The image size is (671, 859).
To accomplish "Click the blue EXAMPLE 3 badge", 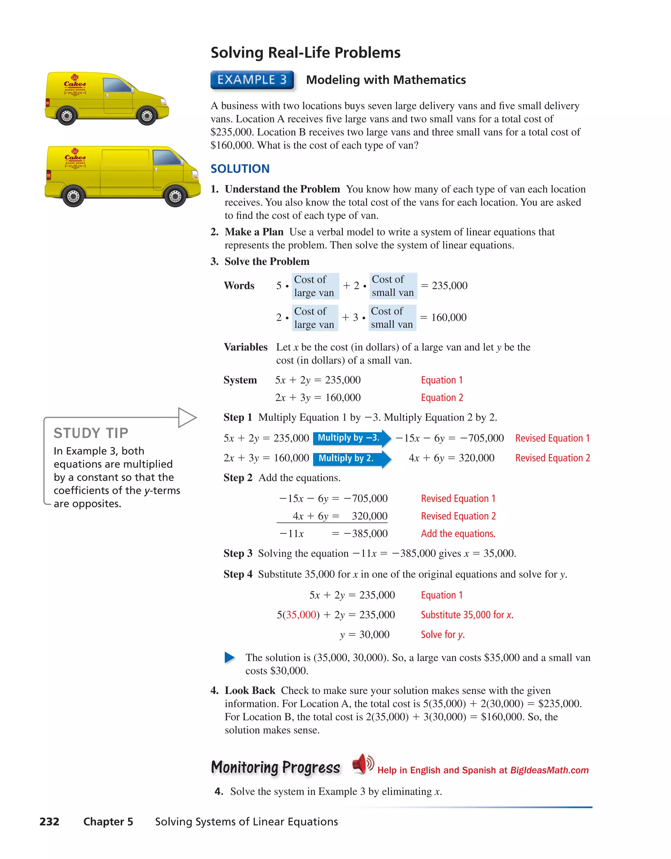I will click(x=252, y=80).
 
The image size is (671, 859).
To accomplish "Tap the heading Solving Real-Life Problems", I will click(x=305, y=53).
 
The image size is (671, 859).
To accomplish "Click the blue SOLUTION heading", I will click(x=240, y=169).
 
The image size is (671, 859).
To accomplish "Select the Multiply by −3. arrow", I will click(x=351, y=438).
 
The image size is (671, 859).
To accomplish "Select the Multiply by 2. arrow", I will click(x=351, y=458).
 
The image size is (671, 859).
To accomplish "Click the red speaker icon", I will click(x=362, y=764).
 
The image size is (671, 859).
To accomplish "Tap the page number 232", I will click(x=49, y=822).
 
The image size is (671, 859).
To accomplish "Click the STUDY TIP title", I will click(x=91, y=433).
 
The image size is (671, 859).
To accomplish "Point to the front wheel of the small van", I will click(x=147, y=116).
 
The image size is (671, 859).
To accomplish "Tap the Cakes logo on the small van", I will click(x=75, y=83).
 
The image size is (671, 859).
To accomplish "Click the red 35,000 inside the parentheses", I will click(x=301, y=615).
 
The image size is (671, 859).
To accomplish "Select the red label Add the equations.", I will click(x=458, y=534).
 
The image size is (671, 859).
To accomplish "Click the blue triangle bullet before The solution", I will click(x=229, y=658).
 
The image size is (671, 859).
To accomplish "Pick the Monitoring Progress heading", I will click(x=275, y=767).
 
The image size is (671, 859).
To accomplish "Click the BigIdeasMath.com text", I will click(x=549, y=770).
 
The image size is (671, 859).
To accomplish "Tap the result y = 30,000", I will click(x=364, y=634).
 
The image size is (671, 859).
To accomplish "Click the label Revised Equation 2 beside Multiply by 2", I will click(x=552, y=458).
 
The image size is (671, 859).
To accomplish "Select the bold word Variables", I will click(x=245, y=347).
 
